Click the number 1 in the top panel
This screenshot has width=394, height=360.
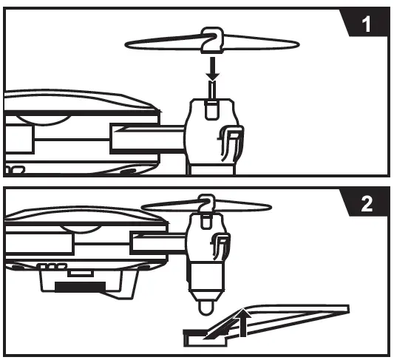367,24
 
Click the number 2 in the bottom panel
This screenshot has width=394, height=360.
367,203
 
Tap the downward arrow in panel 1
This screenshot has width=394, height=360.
213,69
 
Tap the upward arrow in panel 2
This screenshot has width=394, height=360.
242,323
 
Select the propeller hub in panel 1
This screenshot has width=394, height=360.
212,40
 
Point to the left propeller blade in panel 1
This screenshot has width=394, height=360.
163,43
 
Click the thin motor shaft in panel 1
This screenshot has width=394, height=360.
213,90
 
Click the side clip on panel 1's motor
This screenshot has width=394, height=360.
231,142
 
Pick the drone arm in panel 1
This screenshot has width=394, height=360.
149,139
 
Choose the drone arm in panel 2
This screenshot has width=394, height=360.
159,242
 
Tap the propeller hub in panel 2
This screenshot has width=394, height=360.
207,204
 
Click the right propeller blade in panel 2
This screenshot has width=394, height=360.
243,206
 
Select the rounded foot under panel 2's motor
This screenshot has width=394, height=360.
206,308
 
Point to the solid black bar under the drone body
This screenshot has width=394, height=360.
81,287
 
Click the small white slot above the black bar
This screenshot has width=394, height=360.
81,274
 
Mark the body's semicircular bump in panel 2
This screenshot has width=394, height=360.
81,229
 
